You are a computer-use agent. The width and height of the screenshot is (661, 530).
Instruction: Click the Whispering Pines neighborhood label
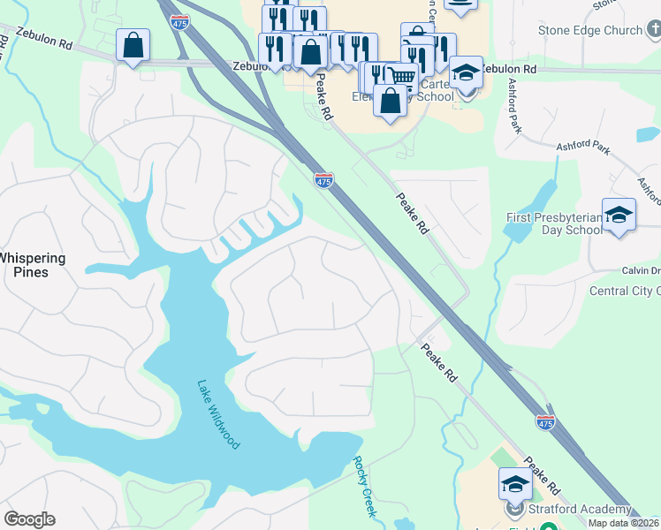[x=33, y=265]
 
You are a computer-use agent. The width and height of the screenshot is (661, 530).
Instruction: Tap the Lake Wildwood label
[x=218, y=414]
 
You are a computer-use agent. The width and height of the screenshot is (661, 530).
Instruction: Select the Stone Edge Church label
[x=590, y=30]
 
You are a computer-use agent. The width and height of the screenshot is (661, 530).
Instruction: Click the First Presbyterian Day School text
[x=553, y=223]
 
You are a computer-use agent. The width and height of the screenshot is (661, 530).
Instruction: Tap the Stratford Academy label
[x=580, y=509]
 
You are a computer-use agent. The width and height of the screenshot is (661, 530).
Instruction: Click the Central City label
[x=624, y=291]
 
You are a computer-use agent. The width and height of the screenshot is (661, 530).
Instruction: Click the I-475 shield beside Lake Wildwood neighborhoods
[x=324, y=180]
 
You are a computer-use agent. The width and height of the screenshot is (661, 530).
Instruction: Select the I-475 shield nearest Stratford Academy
[x=545, y=423]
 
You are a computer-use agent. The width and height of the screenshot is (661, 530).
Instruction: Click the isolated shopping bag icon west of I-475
[x=133, y=45]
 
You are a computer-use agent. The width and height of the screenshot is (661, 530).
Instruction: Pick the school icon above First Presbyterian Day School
[x=619, y=215]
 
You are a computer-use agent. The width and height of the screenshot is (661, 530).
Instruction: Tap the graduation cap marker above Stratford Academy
[x=515, y=484]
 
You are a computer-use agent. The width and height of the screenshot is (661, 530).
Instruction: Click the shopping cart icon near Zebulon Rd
[x=402, y=76]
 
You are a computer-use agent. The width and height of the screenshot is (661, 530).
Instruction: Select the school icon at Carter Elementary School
[x=466, y=72]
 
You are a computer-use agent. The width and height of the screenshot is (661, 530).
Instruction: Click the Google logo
[x=29, y=519]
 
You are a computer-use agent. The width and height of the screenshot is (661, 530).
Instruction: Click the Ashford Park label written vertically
[x=512, y=105]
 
